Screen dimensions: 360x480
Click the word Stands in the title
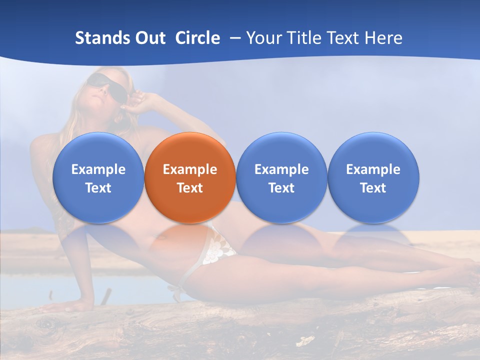click(x=101, y=38)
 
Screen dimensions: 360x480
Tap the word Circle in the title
click(x=197, y=38)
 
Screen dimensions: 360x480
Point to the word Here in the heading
click(x=383, y=38)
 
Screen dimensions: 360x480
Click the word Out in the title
click(x=149, y=38)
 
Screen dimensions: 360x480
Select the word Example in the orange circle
click(x=190, y=169)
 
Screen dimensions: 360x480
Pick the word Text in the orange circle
click(x=190, y=188)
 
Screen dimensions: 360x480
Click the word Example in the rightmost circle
click(x=373, y=169)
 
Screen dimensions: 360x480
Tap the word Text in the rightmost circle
click(x=373, y=188)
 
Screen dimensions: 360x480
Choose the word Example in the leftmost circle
click(x=98, y=169)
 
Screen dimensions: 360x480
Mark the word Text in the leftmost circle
click(x=98, y=188)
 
